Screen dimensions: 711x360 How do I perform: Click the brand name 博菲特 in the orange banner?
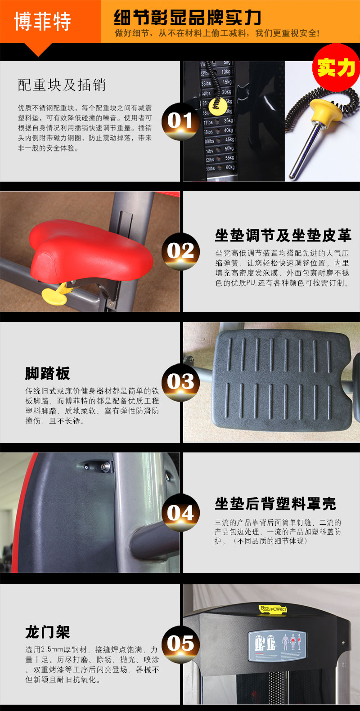[x=43, y=21]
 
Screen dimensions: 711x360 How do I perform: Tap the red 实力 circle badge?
[x=336, y=67]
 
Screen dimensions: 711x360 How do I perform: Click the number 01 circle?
[x=180, y=121]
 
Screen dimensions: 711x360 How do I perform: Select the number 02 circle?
[x=180, y=251]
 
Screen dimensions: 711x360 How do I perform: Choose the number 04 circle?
[x=180, y=513]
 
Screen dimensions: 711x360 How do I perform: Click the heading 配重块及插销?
[x=62, y=85]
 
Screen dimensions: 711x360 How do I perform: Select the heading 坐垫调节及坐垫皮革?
[x=283, y=235]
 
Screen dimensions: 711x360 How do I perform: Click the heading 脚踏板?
[x=47, y=373]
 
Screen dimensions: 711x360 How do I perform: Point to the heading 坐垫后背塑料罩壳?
[x=275, y=504]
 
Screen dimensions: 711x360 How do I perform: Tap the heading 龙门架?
[x=47, y=632]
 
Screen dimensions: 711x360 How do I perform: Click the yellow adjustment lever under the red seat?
[x=54, y=292]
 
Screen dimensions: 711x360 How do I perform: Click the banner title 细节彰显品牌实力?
[x=187, y=18]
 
